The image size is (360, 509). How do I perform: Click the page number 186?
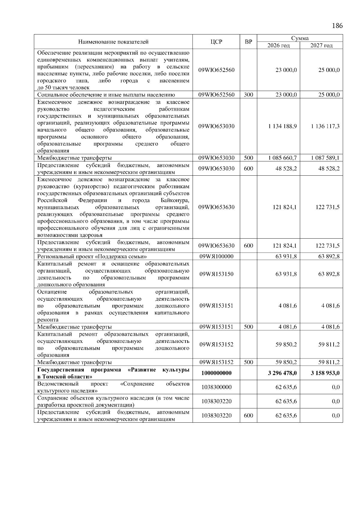(337, 25)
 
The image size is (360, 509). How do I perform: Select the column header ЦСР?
(216, 42)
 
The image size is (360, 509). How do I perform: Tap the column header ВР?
(248, 42)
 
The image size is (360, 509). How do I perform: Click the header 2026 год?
(278, 46)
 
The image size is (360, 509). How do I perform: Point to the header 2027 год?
(321, 46)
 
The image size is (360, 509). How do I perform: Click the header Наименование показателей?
(113, 42)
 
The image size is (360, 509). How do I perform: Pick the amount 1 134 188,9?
(282, 126)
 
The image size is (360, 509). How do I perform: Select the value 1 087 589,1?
(325, 158)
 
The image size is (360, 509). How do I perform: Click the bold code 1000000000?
(216, 373)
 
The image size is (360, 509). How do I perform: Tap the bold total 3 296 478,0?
(282, 373)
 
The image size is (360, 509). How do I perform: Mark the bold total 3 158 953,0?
(325, 373)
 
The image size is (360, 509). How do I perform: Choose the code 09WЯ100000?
(216, 256)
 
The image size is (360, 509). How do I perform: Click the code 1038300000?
(216, 387)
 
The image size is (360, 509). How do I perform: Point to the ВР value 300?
(248, 95)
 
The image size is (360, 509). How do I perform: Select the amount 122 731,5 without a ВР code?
(327, 207)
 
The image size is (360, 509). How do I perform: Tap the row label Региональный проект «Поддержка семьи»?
(92, 257)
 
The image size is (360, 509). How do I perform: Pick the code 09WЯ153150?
(216, 274)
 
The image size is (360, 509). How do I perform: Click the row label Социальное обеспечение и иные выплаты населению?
(106, 95)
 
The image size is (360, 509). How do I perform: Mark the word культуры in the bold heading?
(176, 370)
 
